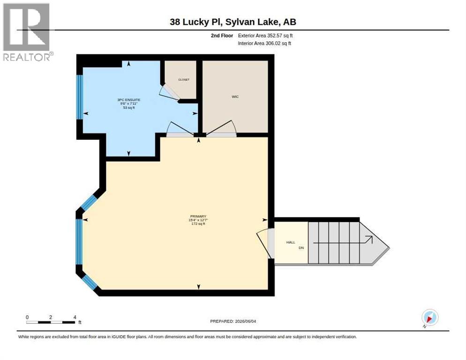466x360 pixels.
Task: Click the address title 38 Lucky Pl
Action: (195, 22)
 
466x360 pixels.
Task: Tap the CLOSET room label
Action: (184, 80)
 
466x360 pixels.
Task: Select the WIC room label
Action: (235, 97)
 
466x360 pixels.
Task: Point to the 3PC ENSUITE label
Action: (128, 100)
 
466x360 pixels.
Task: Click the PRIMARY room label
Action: (198, 217)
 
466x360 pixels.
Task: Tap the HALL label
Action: (291, 242)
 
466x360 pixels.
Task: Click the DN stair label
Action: (301, 247)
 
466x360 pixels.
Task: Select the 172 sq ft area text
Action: (198, 224)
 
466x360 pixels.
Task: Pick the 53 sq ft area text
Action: (128, 108)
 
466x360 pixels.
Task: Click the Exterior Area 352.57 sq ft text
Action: (265, 36)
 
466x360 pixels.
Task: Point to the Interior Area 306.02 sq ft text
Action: (264, 44)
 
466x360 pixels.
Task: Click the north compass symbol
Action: (430, 318)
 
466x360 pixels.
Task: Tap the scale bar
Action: (50, 322)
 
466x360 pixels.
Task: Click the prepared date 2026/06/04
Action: (245, 322)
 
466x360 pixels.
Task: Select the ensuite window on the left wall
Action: (79, 97)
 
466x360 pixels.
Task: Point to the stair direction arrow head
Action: (369, 239)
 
